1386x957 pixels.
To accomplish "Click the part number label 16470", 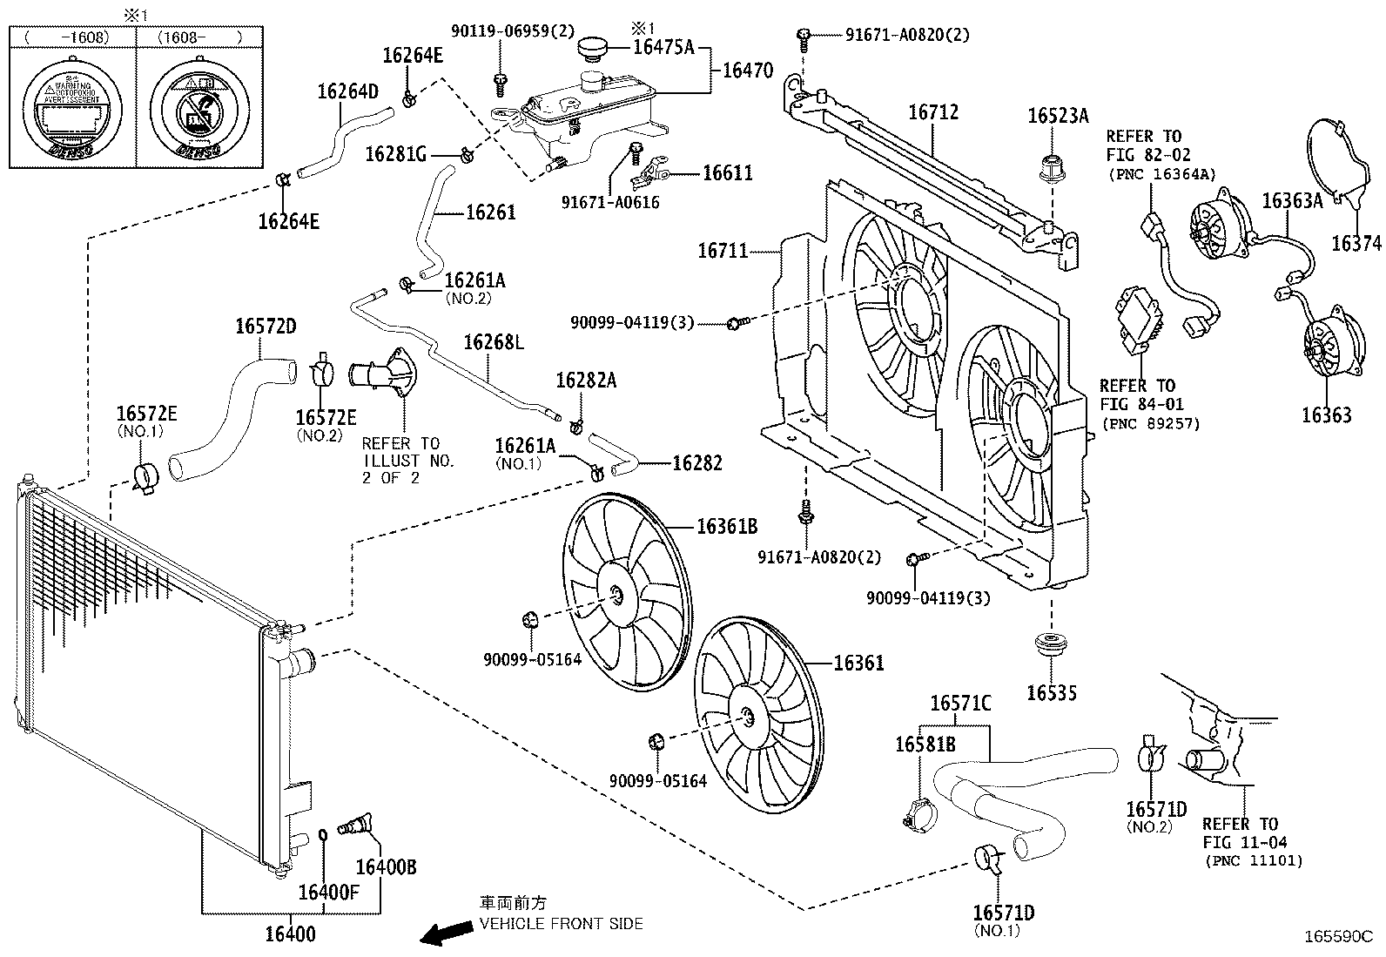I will (x=747, y=71).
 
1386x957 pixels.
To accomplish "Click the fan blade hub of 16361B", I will (x=616, y=596).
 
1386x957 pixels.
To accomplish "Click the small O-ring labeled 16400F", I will (x=323, y=836).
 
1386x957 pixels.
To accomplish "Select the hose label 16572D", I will (x=266, y=327).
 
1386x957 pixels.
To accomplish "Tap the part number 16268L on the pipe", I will (x=493, y=342).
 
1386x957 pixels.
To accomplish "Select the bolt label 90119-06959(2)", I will (x=513, y=31).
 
